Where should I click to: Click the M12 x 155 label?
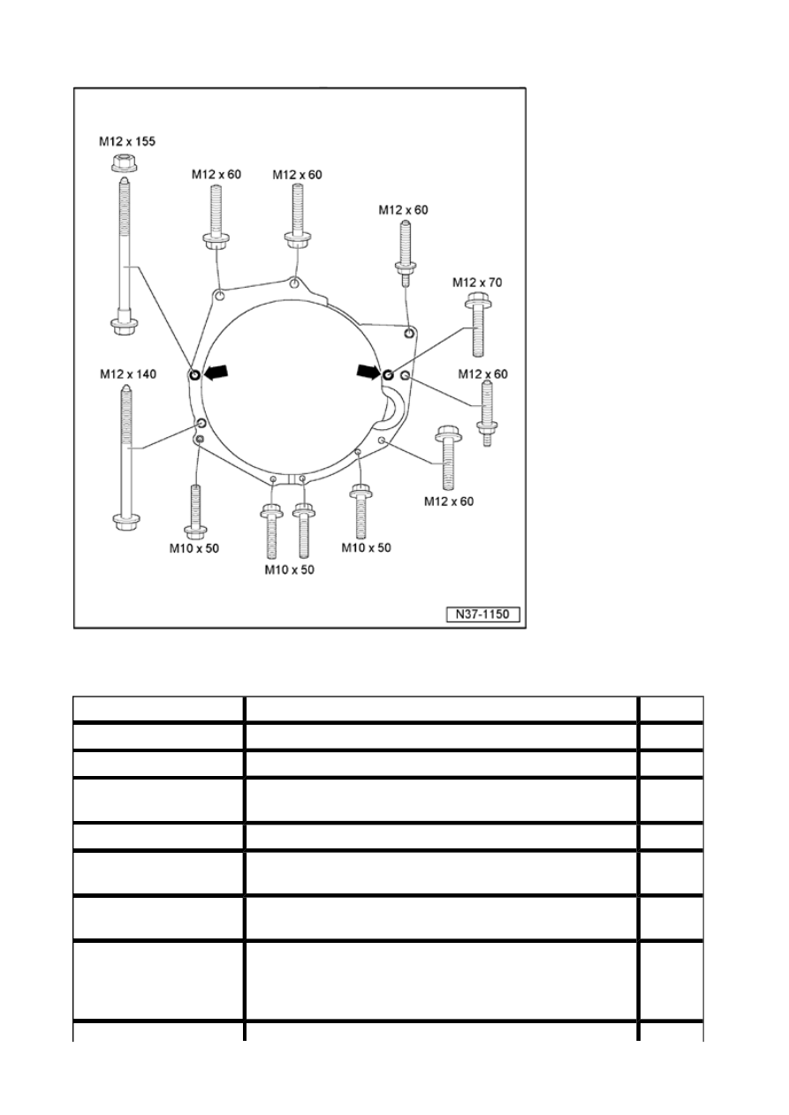coord(127,141)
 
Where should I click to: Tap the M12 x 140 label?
coord(128,373)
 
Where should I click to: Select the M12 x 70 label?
coord(477,283)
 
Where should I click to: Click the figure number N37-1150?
coord(482,614)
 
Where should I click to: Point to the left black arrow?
coord(216,372)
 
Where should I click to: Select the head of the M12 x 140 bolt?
coord(126,521)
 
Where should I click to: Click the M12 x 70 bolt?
coord(478,325)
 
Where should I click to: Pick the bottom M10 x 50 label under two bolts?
coord(290,570)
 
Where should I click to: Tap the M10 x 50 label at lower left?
coord(194,548)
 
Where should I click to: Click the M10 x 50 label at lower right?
coord(366,548)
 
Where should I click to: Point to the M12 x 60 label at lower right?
coord(449,501)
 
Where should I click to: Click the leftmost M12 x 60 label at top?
coord(216,175)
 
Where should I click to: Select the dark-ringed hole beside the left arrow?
coord(195,374)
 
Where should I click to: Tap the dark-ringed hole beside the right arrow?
coord(389,373)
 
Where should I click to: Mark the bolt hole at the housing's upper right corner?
coord(409,333)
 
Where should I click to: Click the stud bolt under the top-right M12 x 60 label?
coord(406,254)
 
